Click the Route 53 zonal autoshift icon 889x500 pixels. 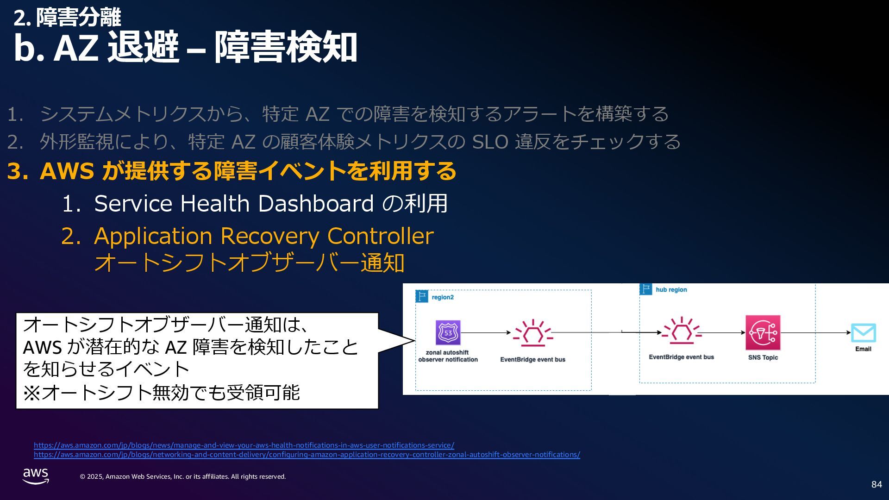pos(448,332)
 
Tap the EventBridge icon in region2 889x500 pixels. pos(532,332)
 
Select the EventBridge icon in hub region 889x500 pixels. pos(681,331)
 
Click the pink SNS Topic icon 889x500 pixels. pos(763,332)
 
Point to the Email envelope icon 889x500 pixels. pos(863,333)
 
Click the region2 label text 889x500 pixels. pos(443,297)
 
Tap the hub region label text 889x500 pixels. pos(671,290)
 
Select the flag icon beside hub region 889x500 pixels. pos(645,289)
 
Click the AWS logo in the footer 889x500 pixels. pos(36,476)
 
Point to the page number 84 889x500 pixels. pos(876,484)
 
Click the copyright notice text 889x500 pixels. pos(183,476)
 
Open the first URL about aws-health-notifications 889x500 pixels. pos(244,445)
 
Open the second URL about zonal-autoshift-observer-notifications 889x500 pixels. pos(307,455)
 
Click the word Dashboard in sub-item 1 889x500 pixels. pos(316,203)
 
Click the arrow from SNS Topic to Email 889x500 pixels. pos(815,332)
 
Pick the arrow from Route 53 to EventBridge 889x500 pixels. pos(485,332)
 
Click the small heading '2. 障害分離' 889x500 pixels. pos(67,18)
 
